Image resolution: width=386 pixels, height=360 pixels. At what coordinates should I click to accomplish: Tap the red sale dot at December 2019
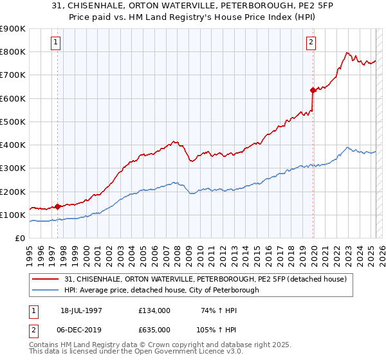tap(312, 90)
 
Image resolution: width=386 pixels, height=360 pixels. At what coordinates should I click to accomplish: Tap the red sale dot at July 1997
tap(57, 206)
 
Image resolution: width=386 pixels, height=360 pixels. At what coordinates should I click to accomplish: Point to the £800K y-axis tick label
tap(14, 51)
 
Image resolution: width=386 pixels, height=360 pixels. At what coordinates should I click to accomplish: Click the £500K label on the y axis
tap(14, 122)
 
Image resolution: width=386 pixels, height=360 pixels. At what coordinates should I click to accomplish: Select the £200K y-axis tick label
tap(14, 192)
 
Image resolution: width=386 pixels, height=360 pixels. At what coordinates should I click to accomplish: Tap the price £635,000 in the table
tap(154, 329)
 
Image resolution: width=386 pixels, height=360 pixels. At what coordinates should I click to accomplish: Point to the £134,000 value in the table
tap(154, 310)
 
